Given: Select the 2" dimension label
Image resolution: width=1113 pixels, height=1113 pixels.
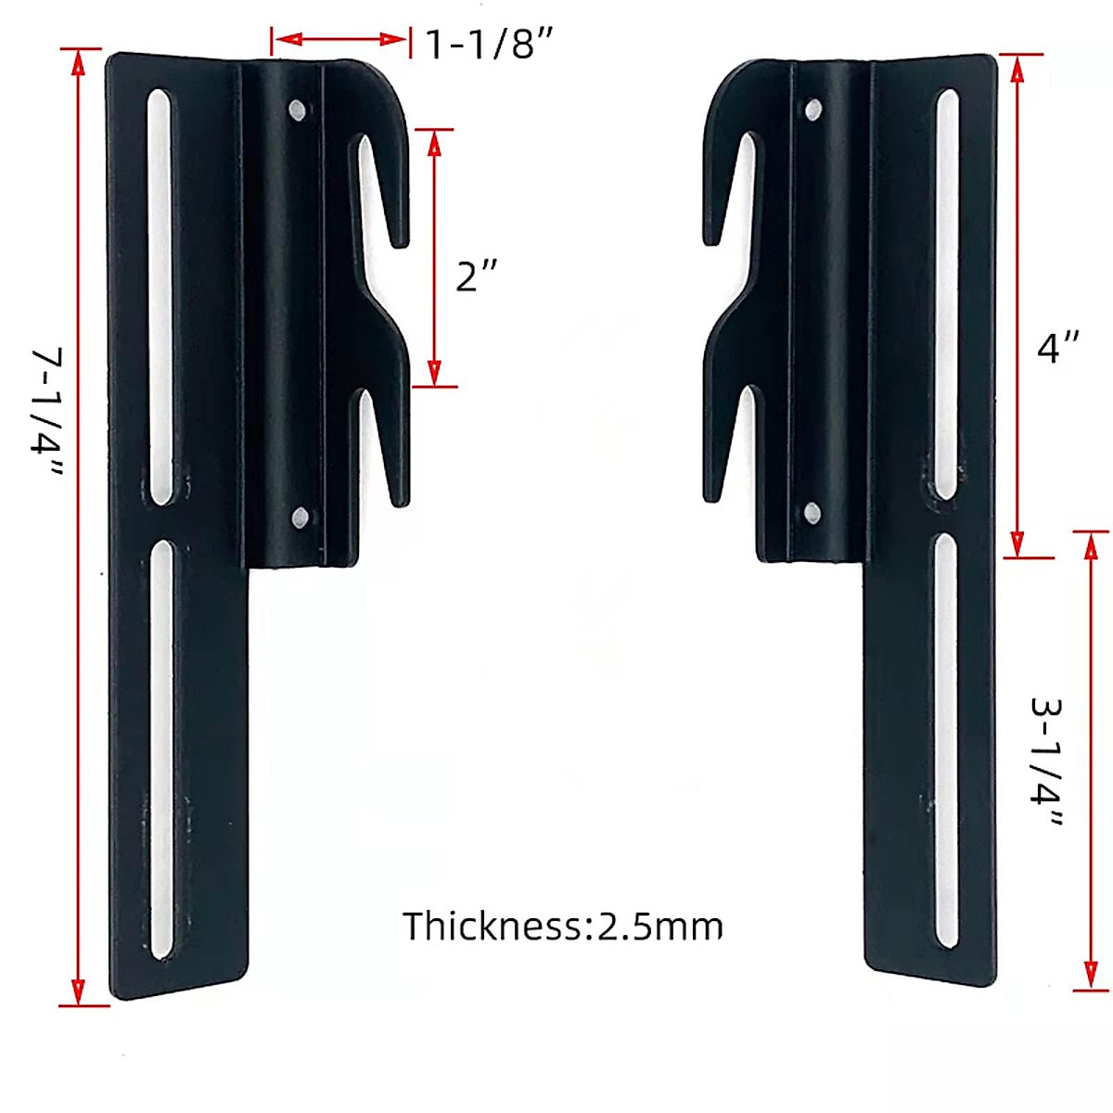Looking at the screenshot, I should [477, 275].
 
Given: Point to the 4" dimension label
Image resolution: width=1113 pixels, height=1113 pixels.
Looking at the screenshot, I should [1057, 349].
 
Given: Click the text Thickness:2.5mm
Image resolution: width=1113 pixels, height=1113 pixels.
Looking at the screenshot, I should [562, 926].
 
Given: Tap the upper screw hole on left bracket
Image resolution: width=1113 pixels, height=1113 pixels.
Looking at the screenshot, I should [299, 110].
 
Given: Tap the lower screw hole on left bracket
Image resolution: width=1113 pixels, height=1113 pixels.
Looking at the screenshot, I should [300, 517].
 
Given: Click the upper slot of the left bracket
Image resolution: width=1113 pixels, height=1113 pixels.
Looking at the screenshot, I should [161, 297].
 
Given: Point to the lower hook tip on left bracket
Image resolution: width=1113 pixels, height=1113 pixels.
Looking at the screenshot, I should [401, 501].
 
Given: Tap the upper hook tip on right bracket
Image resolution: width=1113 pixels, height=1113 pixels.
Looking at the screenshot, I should [711, 238].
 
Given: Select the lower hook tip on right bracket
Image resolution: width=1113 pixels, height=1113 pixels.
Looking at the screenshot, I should [711, 496].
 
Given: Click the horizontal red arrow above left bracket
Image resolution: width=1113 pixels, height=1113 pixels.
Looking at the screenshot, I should [340, 39].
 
